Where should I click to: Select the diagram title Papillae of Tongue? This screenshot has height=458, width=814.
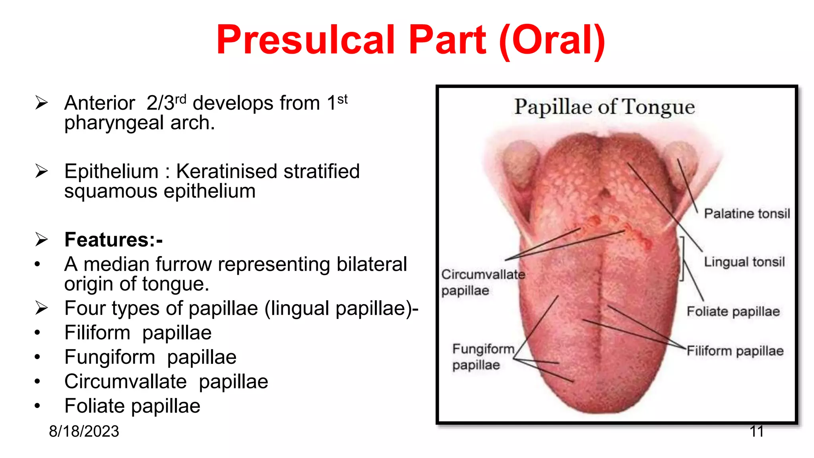604,107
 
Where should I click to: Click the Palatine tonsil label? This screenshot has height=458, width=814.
746,213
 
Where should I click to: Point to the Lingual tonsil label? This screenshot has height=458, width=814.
744,262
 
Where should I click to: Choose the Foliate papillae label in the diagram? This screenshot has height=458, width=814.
733,311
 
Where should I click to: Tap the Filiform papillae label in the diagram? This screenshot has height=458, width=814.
735,351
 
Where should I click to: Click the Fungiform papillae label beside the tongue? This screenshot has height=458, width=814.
483,357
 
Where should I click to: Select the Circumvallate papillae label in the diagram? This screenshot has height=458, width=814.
483,282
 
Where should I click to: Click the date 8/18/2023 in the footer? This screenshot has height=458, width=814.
84,431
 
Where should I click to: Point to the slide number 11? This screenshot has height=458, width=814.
756,431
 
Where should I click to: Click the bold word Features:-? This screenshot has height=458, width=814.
114,240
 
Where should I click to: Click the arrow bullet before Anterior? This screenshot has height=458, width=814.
41,103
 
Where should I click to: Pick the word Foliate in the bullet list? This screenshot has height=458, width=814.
95,406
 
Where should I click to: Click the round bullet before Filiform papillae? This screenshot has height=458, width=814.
37,332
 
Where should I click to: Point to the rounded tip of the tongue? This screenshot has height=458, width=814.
598,409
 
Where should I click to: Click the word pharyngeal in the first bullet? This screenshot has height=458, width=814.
114,123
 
